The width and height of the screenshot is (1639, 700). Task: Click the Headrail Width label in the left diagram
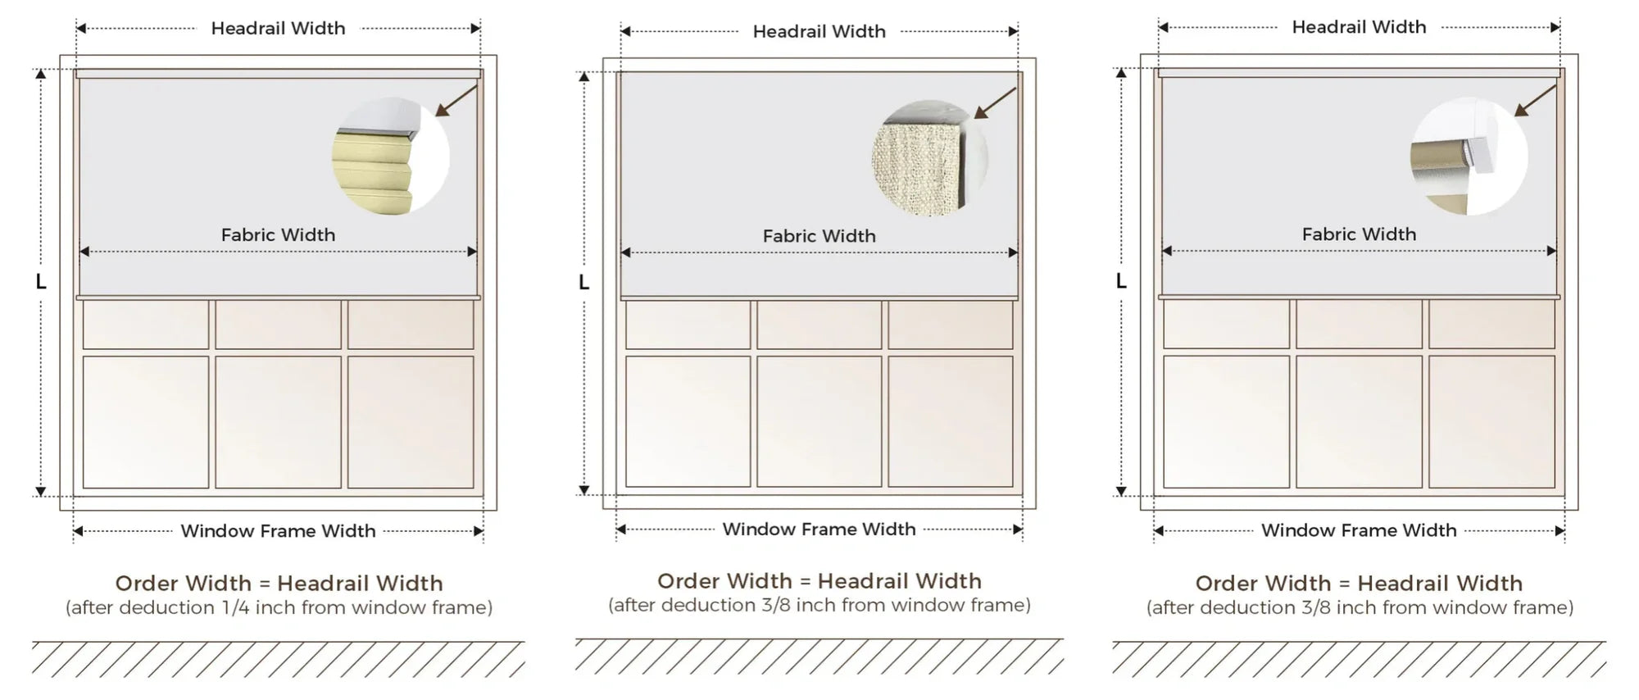point(278,29)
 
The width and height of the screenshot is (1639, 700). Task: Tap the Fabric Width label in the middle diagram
point(819,236)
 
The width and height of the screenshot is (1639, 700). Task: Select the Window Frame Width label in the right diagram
point(1359,530)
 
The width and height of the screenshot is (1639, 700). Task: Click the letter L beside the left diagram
point(41,282)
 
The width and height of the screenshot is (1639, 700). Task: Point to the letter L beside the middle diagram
point(583,283)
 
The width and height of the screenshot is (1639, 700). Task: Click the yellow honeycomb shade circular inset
point(391,157)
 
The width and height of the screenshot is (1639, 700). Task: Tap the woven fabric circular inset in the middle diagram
point(930,158)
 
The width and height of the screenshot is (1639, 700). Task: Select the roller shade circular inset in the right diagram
point(1469,157)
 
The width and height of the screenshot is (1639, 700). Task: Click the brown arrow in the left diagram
point(457,100)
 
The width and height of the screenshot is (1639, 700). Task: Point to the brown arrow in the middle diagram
point(995,103)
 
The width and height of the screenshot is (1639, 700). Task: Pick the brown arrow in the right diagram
point(1535,100)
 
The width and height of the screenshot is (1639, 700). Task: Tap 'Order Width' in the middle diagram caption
point(724,581)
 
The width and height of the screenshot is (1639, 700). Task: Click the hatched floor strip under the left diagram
point(279,659)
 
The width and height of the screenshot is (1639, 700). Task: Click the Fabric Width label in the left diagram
point(278,235)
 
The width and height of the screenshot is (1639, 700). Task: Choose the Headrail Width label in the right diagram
point(1359,27)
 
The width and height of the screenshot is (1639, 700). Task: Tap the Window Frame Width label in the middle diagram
point(819,530)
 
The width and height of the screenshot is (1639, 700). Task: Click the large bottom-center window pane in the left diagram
point(279,422)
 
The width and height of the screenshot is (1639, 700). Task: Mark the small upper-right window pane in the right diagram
point(1491,324)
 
